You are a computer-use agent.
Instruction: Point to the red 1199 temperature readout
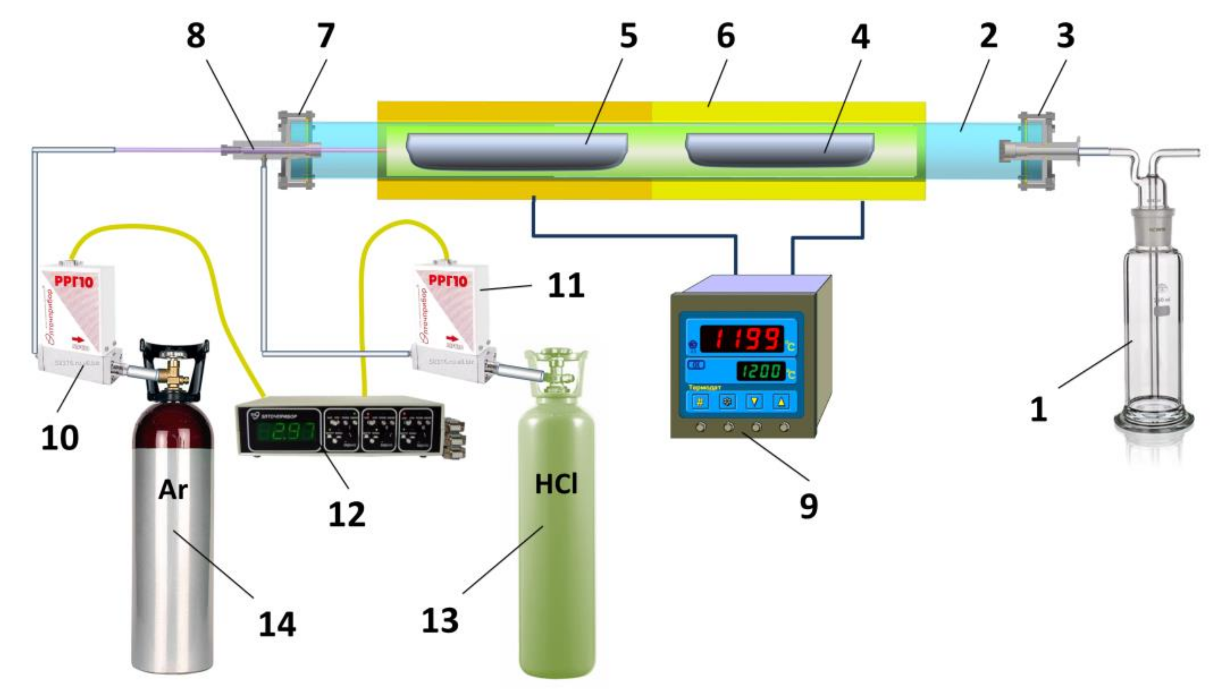pyautogui.click(x=742, y=339)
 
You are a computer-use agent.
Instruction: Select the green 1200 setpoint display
pyautogui.click(x=761, y=371)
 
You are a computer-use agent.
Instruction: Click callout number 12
pyautogui.click(x=347, y=515)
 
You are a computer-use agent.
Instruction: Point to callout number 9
pyautogui.click(x=809, y=506)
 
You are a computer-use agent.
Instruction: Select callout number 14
pyautogui.click(x=277, y=624)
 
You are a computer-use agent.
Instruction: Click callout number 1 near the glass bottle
pyautogui.click(x=1038, y=409)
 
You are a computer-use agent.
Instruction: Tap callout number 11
pyautogui.click(x=566, y=286)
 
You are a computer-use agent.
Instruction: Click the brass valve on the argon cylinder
pyautogui.click(x=175, y=370)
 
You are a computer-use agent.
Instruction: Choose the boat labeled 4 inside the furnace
pyautogui.click(x=779, y=150)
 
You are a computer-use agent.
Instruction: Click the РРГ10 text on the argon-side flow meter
pyautogui.click(x=74, y=282)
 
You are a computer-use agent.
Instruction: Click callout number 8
pyautogui.click(x=196, y=36)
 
